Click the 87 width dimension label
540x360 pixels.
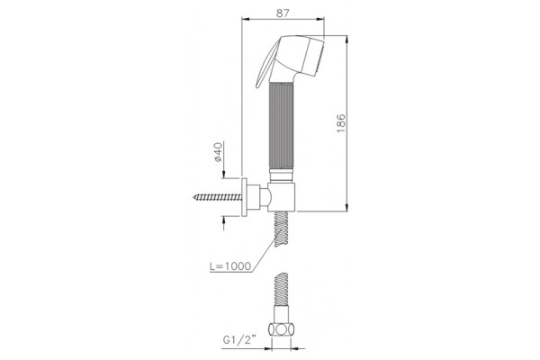(283, 13)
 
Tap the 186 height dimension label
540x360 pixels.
(340, 123)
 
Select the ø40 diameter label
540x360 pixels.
(219, 151)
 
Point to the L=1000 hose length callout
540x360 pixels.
(230, 266)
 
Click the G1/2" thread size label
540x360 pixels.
(239, 339)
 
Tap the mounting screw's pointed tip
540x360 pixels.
(194, 197)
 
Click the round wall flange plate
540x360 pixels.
(244, 197)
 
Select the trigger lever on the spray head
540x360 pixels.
(265, 64)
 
